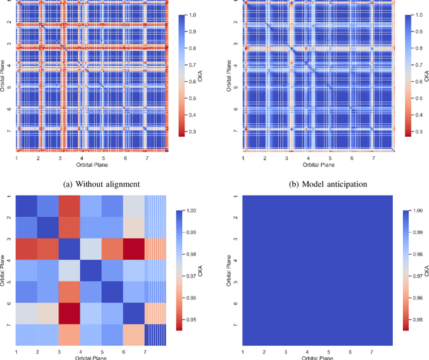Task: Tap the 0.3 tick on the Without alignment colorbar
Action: click(x=194, y=132)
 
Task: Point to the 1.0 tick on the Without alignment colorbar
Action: click(x=194, y=14)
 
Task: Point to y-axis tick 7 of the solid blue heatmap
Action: click(x=235, y=326)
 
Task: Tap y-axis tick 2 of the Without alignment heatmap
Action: click(x=9, y=22)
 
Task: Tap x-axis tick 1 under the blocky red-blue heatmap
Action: click(x=17, y=351)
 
